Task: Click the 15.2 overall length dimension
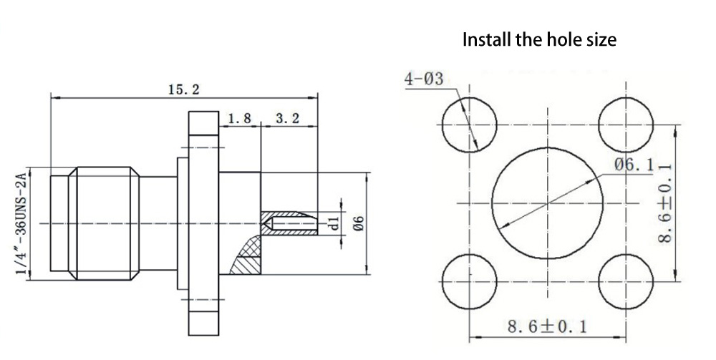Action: pyautogui.click(x=183, y=90)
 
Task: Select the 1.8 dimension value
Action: pyautogui.click(x=239, y=119)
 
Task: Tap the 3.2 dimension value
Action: pyautogui.click(x=288, y=119)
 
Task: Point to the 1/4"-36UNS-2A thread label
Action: pyautogui.click(x=21, y=223)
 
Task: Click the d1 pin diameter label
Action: pyautogui.click(x=334, y=223)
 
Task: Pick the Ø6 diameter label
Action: pyautogui.click(x=359, y=223)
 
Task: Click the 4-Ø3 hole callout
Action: pyautogui.click(x=424, y=79)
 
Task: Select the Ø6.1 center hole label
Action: pyautogui.click(x=634, y=165)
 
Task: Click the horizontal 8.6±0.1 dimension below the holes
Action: pyautogui.click(x=548, y=326)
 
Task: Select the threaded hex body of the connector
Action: pyautogui.click(x=104, y=223)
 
